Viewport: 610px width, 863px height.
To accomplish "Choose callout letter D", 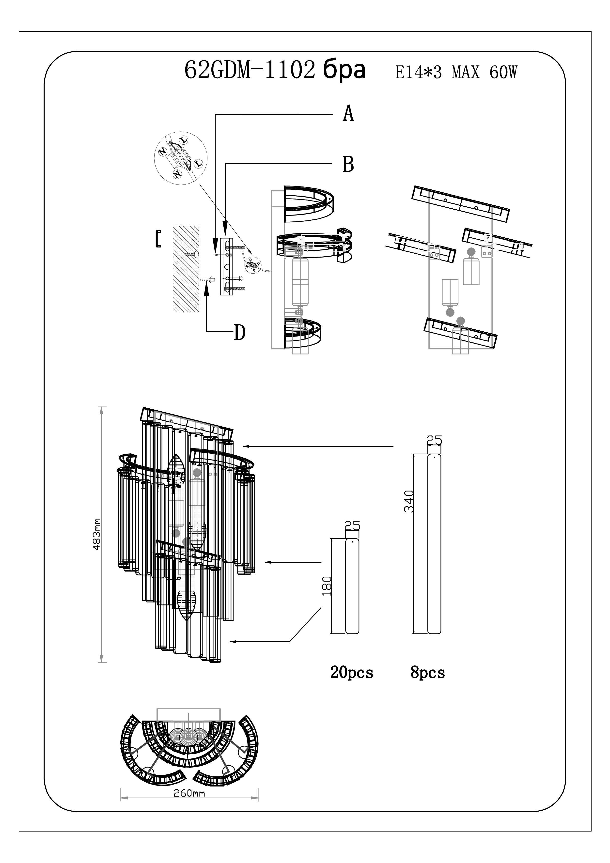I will click(239, 332).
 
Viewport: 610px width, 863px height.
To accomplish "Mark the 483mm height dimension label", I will click(97, 534).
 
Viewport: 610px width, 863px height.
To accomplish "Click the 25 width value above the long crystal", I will click(435, 440).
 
